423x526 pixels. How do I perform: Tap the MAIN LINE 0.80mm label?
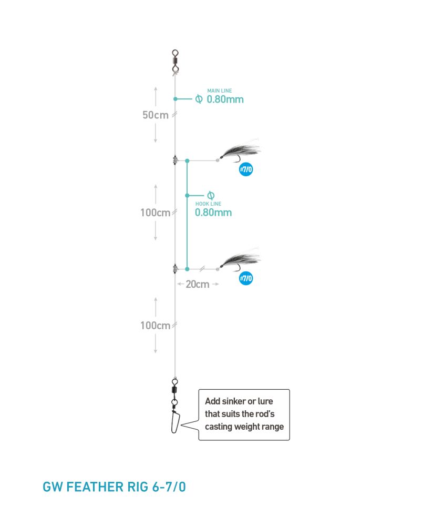pos(225,96)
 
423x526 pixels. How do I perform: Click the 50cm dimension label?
pos(156,115)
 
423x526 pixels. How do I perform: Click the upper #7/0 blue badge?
pos(246,169)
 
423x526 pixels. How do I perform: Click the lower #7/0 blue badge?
pos(246,278)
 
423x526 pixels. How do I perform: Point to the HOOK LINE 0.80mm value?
pos(213,213)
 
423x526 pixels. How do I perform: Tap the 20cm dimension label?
pos(198,284)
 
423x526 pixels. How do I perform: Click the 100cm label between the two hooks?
pos(155,213)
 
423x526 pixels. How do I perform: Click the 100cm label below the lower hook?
pos(155,326)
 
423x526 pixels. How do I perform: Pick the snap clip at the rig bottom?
pos(176,421)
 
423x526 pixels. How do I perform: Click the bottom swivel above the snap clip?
pos(174,391)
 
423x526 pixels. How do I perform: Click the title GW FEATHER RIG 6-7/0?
pos(115,487)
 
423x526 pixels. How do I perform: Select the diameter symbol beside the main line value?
pos(199,99)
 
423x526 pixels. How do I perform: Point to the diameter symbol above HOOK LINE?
pos(211,195)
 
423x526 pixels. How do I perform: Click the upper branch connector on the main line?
pos(175,160)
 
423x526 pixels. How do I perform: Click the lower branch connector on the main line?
pos(175,269)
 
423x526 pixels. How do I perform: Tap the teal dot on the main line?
pos(176,99)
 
